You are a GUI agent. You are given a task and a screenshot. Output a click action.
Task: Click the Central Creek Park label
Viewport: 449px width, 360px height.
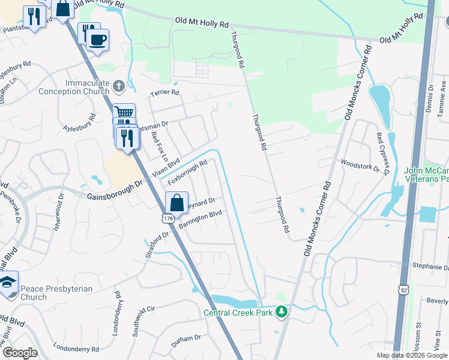238,312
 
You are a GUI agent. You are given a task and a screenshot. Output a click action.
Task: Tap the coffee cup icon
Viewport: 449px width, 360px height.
97,40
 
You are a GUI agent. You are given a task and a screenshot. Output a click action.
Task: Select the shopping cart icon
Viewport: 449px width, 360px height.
124,112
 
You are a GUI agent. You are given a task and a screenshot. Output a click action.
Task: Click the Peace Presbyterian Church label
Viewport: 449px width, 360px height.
56,293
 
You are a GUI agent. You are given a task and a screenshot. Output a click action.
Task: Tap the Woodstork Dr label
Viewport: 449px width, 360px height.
360,165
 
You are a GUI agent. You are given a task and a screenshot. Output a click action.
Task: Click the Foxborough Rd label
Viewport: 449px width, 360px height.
187,172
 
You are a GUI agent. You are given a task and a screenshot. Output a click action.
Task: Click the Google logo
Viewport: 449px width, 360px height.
19,352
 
